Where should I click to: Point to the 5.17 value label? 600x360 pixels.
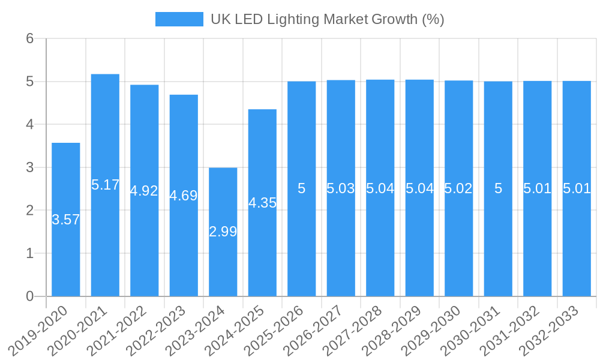[x=105, y=185]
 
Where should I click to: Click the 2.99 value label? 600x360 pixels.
[x=223, y=232]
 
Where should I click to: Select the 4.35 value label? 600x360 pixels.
[x=262, y=203]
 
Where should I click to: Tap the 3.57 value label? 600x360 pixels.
[x=66, y=220]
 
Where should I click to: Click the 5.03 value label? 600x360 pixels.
[x=341, y=188]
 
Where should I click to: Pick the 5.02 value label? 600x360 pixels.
[x=458, y=188]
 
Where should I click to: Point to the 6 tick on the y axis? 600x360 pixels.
[x=29, y=38]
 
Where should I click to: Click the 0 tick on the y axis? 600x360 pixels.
[x=29, y=296]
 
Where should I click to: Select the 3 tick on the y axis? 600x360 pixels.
[x=29, y=167]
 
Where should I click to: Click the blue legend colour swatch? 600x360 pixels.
[x=179, y=19]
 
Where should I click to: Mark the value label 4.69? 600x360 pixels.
[x=184, y=196]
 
